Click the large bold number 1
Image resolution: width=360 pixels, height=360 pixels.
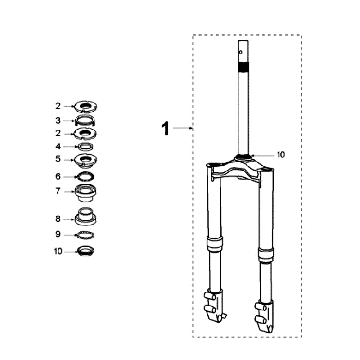(x=165, y=129)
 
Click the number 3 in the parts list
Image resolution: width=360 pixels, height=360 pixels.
(x=58, y=120)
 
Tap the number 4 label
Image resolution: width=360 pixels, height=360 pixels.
(x=58, y=146)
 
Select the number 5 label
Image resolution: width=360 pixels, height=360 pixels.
(x=58, y=159)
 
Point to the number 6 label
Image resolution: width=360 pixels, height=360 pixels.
(x=58, y=176)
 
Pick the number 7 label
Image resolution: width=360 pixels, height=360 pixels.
(x=58, y=191)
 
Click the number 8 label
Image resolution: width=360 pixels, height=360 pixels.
(x=58, y=219)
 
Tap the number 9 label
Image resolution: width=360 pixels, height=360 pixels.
(x=58, y=235)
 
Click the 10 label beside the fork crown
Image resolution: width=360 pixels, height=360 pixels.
(x=281, y=155)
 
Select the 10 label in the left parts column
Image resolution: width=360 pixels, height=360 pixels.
(x=58, y=251)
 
